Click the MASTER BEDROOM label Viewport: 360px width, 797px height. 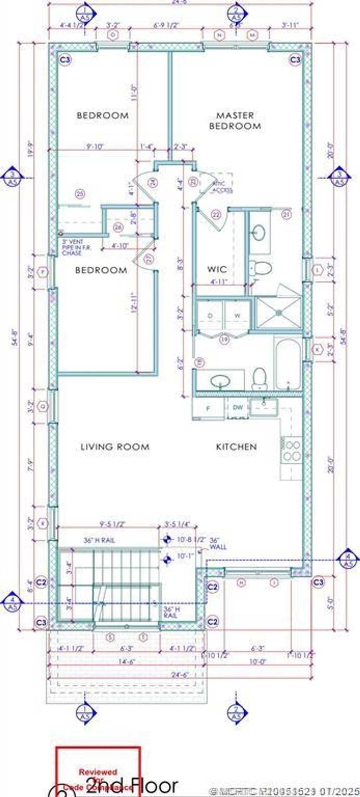click(235, 120)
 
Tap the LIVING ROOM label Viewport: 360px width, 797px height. click(115, 447)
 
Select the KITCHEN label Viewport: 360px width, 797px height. click(236, 447)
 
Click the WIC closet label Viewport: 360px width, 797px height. click(217, 269)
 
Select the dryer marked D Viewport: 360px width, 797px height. click(210, 315)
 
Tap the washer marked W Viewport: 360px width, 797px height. click(237, 315)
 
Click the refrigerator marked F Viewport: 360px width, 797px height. click(208, 409)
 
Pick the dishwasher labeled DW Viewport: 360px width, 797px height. click(238, 408)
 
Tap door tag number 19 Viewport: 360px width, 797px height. click(224, 339)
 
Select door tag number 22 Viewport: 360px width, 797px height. click(216, 214)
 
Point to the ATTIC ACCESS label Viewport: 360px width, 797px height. click(222, 187)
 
